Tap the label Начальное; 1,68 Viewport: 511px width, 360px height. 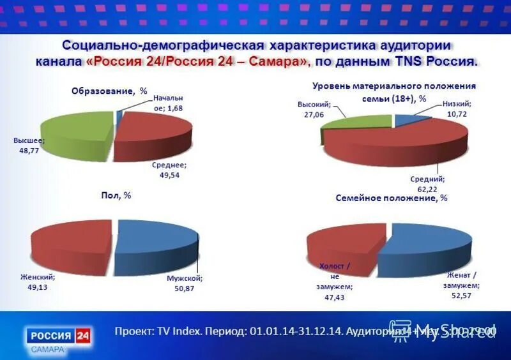167,103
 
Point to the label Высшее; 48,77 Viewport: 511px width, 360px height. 29,144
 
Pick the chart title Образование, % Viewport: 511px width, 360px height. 109,91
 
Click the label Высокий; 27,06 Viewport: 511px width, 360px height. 314,108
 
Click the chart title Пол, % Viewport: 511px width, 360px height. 116,195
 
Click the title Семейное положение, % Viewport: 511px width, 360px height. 392,198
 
